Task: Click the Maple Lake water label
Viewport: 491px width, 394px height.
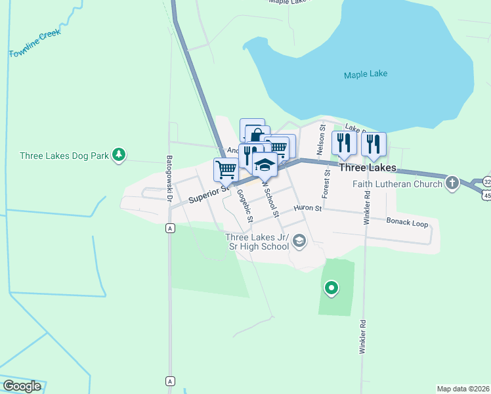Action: (x=366, y=74)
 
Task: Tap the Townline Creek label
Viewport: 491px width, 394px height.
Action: (x=35, y=43)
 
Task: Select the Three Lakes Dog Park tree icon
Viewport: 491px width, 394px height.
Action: (x=119, y=155)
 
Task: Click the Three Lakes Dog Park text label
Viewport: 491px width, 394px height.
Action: (x=63, y=156)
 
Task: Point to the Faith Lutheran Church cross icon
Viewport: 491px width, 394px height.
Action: (x=452, y=183)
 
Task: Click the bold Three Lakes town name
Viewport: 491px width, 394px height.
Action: (x=368, y=168)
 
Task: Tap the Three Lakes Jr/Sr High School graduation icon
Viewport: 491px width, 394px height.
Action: (x=299, y=241)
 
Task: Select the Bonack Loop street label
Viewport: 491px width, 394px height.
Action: (x=407, y=223)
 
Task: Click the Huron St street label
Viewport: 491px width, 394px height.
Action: (x=308, y=208)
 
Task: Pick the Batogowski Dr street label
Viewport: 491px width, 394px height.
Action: (x=169, y=178)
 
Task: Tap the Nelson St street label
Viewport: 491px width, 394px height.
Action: (x=321, y=140)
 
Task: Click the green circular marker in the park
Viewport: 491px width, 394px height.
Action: (x=331, y=288)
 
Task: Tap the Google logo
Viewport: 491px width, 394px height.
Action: (x=22, y=386)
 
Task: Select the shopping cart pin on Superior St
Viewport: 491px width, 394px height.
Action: (x=226, y=169)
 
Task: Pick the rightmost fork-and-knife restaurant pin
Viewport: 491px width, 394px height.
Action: (x=374, y=143)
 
